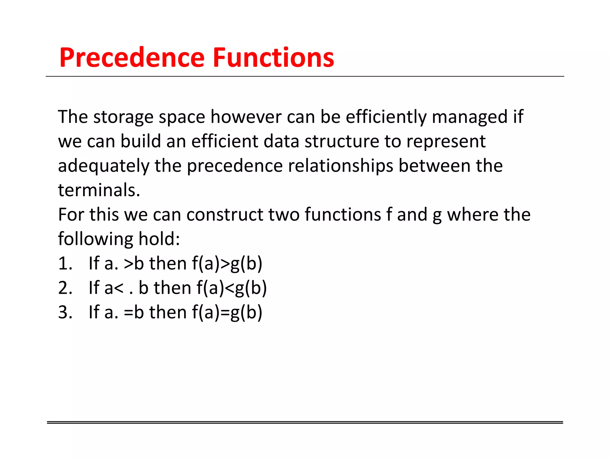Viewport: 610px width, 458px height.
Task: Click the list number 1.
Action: point(65,264)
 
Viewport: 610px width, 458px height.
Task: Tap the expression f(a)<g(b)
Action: point(231,288)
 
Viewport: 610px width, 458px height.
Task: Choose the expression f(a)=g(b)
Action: point(227,312)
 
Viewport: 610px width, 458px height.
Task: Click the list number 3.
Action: point(65,312)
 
